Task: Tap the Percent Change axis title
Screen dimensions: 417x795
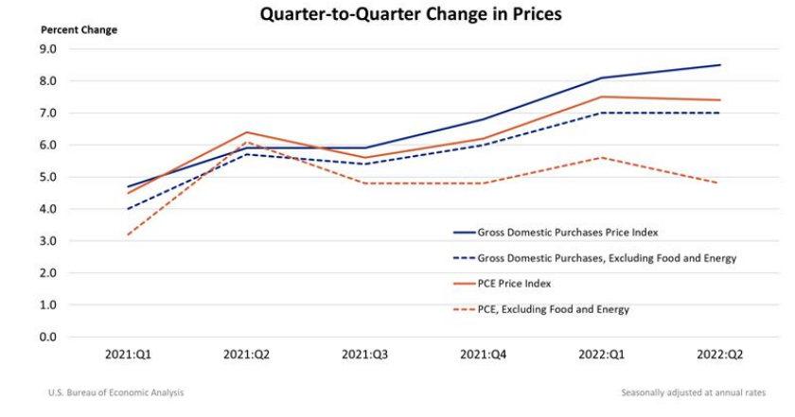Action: pyautogui.click(x=79, y=30)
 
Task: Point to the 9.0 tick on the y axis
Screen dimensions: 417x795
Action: pyautogui.click(x=47, y=49)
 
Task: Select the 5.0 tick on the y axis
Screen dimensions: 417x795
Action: pyautogui.click(x=47, y=177)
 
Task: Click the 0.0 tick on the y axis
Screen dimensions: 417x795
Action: pyautogui.click(x=47, y=337)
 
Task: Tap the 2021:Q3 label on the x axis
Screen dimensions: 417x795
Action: pyautogui.click(x=364, y=356)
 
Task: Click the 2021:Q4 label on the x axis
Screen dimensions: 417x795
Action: pyautogui.click(x=483, y=356)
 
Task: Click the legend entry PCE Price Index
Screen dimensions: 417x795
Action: pyautogui.click(x=526, y=284)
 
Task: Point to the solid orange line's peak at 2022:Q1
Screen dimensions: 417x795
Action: pyautogui.click(x=602, y=96)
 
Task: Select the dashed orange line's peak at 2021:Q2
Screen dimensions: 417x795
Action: pyautogui.click(x=245, y=142)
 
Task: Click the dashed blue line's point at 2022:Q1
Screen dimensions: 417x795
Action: pyautogui.click(x=602, y=113)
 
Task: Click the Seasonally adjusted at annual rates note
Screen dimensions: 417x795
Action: pyautogui.click(x=693, y=392)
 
